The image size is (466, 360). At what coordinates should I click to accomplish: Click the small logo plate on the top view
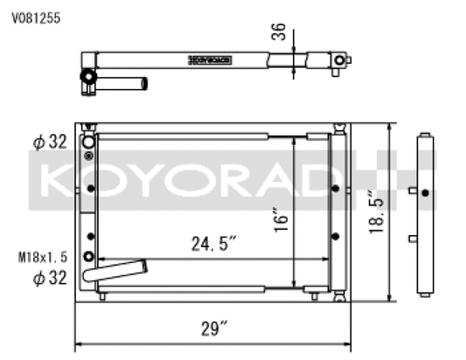tap(211, 60)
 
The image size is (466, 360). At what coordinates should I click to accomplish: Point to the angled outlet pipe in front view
tap(117, 273)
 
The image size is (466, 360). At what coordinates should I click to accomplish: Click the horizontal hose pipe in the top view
tap(128, 84)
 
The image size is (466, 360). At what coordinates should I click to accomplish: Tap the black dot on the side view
tap(424, 191)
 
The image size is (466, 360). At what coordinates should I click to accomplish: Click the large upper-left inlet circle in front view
tap(88, 141)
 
